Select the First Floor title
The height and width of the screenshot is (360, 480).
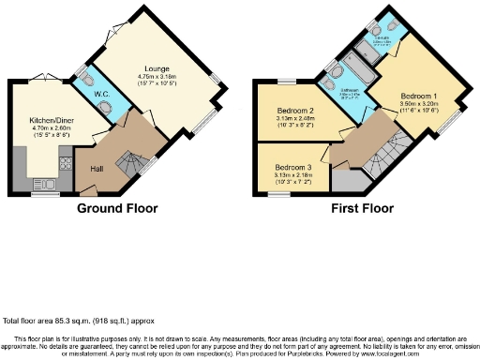point(362,208)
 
